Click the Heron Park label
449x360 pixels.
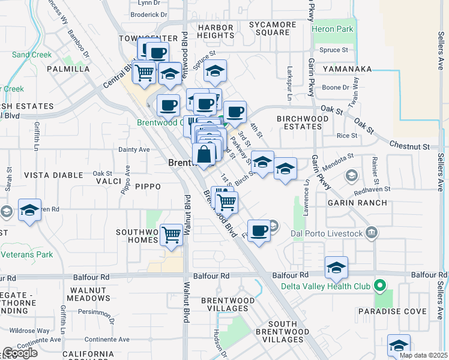pyautogui.click(x=333, y=29)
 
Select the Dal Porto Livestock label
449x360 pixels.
pyautogui.click(x=326, y=232)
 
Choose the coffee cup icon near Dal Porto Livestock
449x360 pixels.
pyautogui.click(x=259, y=230)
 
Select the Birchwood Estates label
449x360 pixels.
pyautogui.click(x=303, y=122)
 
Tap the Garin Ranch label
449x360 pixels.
pyautogui.click(x=351, y=203)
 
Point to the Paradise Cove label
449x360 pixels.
pyautogui.click(x=393, y=311)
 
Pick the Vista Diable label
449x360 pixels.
pyautogui.click(x=53, y=175)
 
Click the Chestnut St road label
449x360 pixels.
pyautogui.click(x=409, y=146)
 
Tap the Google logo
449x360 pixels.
pyautogui.click(x=20, y=353)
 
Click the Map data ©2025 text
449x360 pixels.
pyautogui.click(x=423, y=355)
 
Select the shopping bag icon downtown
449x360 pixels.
pyautogui.click(x=204, y=154)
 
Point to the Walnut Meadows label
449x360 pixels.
pyautogui.click(x=90, y=293)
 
